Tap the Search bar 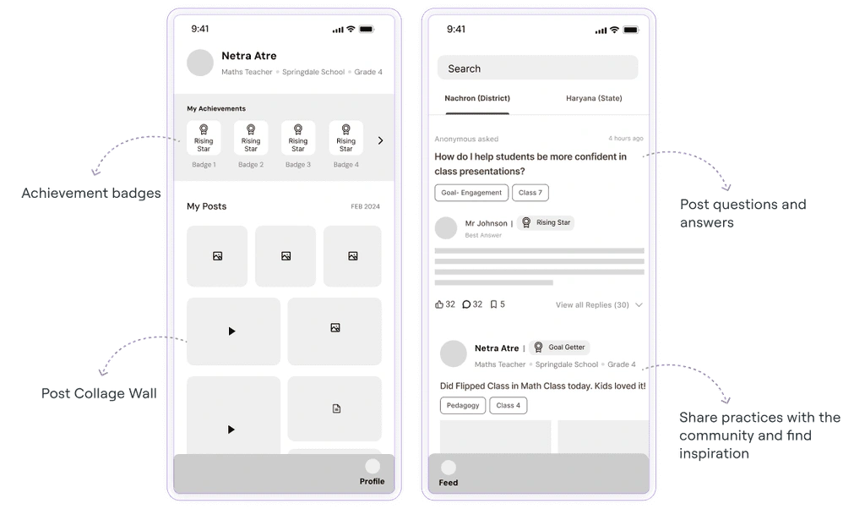click(538, 68)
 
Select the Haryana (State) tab click(594, 98)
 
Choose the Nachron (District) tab click(477, 98)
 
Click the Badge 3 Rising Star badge click(298, 138)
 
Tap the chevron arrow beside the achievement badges click(381, 140)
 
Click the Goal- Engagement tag click(471, 193)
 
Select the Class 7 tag click(530, 193)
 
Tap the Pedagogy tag click(463, 405)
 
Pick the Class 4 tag click(508, 405)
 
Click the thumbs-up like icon click(439, 304)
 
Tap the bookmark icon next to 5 click(493, 304)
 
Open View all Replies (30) click(592, 304)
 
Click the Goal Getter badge click(559, 348)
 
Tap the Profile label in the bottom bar click(372, 481)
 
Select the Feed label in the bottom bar click(448, 483)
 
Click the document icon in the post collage click(336, 408)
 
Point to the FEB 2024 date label click(365, 206)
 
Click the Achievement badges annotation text click(91, 194)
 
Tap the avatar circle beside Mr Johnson click(446, 228)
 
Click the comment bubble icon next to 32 click(466, 304)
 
